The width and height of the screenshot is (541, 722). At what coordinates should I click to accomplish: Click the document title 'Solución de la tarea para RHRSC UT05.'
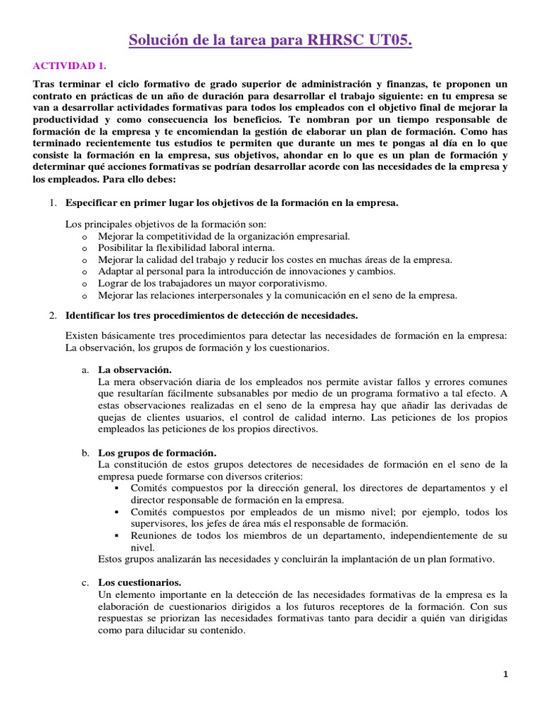point(270,41)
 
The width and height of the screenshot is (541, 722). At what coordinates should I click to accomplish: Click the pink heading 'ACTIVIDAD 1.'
point(70,66)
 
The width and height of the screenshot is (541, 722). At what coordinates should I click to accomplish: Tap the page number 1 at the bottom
point(505,674)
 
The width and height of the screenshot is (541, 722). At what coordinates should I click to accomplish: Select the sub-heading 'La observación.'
point(135,369)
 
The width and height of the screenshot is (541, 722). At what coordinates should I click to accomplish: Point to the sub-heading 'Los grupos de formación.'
point(156,452)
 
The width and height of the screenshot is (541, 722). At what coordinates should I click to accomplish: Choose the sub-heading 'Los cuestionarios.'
point(139,582)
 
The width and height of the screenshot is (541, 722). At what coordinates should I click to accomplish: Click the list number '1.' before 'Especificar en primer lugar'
point(52,204)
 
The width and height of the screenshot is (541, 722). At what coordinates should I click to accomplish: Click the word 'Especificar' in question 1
point(91,204)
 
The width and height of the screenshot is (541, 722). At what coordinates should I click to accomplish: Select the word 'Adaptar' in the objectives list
point(117,271)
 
